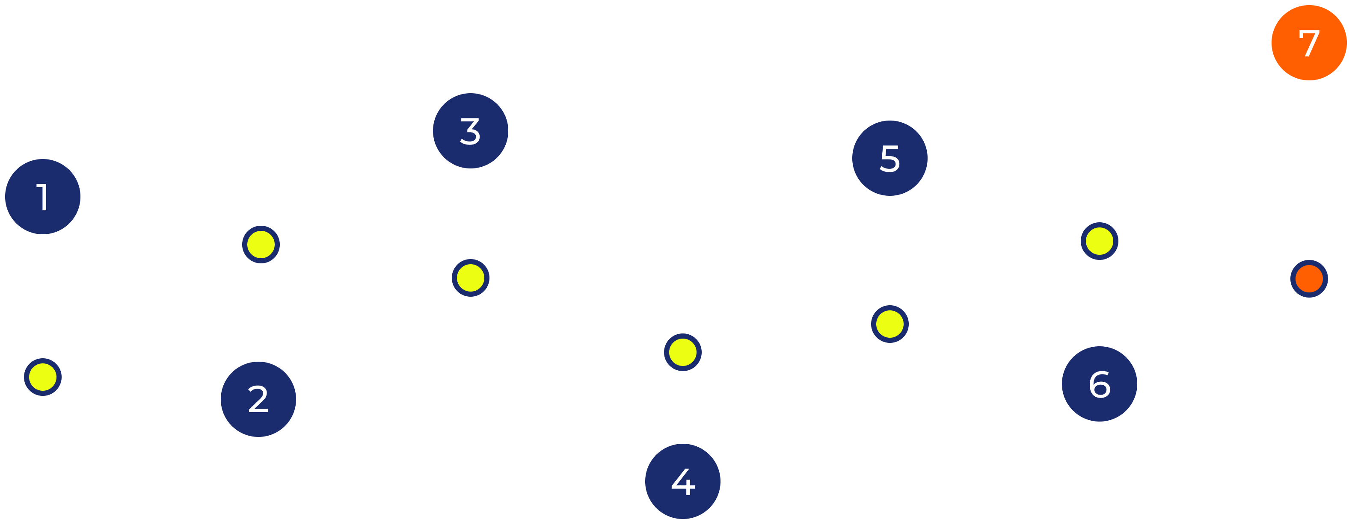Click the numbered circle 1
click(x=43, y=197)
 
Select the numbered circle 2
click(x=258, y=399)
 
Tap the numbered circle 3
click(x=470, y=130)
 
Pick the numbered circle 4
click(x=683, y=481)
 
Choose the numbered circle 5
click(x=889, y=158)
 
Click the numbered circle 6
click(x=1100, y=384)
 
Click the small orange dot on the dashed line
click(x=1309, y=278)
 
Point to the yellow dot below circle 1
click(x=43, y=377)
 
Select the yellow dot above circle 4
click(x=683, y=352)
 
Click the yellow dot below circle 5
click(x=889, y=324)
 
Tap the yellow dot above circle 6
click(x=1100, y=241)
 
